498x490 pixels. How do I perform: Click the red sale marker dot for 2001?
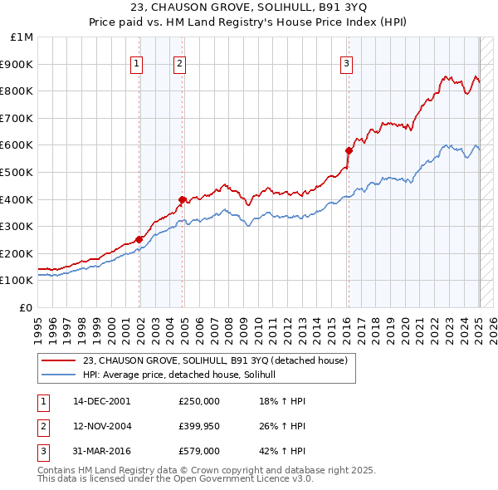tap(139, 240)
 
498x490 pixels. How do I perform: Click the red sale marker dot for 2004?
tap(182, 199)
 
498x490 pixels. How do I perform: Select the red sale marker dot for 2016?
tap(349, 150)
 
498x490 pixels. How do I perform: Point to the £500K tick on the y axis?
tap(19, 172)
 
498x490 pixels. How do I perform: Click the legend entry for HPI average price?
tap(184, 375)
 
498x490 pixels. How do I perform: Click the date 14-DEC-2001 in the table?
tap(102, 401)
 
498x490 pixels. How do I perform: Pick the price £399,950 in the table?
tap(199, 427)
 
